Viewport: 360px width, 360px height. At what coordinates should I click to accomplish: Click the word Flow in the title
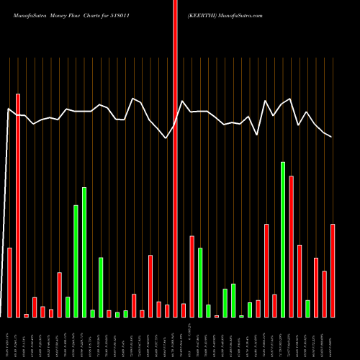(83, 14)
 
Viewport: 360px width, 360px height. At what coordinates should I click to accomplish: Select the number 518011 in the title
(136, 14)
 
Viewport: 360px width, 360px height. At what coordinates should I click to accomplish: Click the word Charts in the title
(104, 14)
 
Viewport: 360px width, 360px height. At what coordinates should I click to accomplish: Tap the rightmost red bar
(333, 271)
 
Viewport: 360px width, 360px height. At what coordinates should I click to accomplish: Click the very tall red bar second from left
(18, 205)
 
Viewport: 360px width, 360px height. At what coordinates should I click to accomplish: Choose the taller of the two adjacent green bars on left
(84, 252)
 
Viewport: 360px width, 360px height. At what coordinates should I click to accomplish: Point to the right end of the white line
(331, 136)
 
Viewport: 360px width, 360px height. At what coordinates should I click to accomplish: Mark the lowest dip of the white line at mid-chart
(167, 138)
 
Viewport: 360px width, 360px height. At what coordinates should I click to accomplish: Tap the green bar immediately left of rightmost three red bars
(307, 309)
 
